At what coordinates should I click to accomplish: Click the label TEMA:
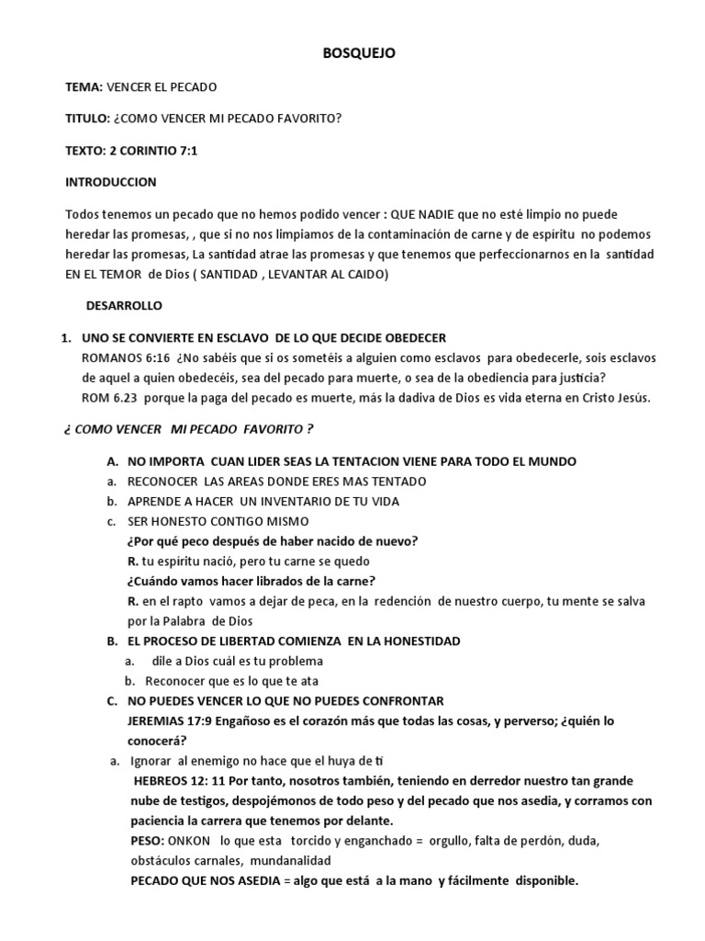tap(84, 87)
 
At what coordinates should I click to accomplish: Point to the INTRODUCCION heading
tap(111, 182)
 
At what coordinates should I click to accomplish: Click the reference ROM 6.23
tap(108, 397)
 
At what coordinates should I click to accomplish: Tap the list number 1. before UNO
tap(66, 337)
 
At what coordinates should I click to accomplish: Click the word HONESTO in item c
tap(178, 521)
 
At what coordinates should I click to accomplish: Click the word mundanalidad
tap(285, 861)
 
